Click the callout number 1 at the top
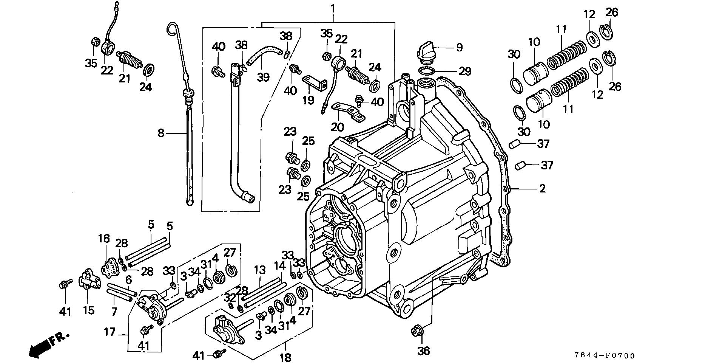tap(333, 8)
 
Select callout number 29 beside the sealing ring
tap(464, 71)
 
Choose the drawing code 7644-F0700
tap(605, 355)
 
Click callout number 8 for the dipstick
tap(161, 133)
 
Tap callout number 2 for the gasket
tap(542, 188)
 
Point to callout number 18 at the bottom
tap(286, 357)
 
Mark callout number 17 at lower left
tap(110, 333)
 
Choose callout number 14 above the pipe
tap(280, 266)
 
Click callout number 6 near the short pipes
tap(128, 280)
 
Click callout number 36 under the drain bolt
tap(424, 351)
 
